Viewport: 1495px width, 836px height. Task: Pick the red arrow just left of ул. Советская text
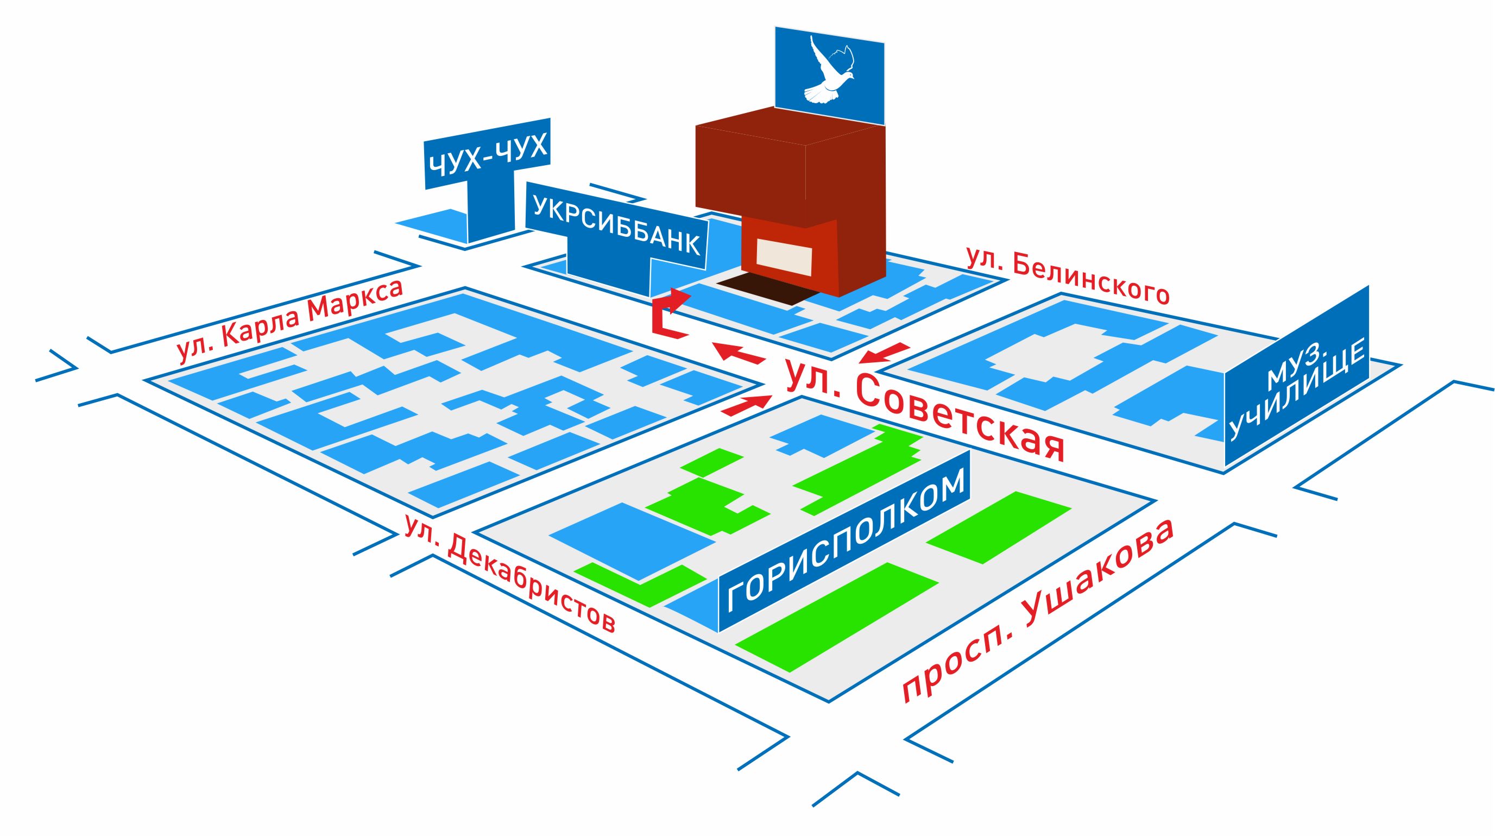coord(738,353)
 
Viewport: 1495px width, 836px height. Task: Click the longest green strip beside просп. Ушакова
coord(837,619)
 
